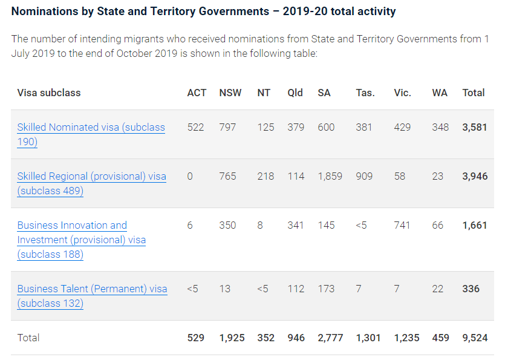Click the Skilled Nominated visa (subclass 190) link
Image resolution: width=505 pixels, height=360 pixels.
pos(91,128)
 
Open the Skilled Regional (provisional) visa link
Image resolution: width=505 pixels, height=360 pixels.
pos(91,177)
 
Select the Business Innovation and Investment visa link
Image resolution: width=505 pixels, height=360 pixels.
pos(72,226)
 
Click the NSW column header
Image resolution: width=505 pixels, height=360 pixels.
pos(230,93)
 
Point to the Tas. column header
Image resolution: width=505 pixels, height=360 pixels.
pos(365,93)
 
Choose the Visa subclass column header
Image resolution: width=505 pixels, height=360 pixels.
pos(49,93)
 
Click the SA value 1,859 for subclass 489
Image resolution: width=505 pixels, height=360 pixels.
pos(330,176)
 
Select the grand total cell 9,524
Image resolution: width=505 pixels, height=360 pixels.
pos(475,338)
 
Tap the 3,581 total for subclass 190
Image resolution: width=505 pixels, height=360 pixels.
pos(475,127)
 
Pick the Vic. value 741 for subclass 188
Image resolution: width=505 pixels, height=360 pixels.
pos(402,225)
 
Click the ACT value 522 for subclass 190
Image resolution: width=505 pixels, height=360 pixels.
pos(196,127)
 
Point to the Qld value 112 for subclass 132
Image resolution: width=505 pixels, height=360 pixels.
pos(296,289)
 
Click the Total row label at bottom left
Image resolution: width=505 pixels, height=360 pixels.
pos(28,338)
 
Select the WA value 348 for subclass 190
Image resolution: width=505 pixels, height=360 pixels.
pos(440,127)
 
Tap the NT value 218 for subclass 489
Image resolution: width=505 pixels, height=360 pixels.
pos(266,176)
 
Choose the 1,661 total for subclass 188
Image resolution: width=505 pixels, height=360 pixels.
pos(475,225)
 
